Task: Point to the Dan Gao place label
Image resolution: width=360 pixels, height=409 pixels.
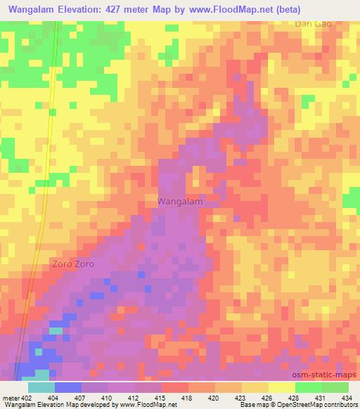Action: [313, 23]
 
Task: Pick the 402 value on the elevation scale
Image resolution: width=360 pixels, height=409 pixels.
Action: [27, 398]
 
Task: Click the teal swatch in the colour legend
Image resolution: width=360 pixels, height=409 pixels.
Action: [41, 387]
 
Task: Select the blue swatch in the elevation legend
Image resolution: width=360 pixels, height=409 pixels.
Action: [67, 387]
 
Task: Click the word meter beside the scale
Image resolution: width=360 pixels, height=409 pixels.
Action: [10, 398]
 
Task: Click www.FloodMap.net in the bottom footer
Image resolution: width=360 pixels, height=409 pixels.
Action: [148, 405]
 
